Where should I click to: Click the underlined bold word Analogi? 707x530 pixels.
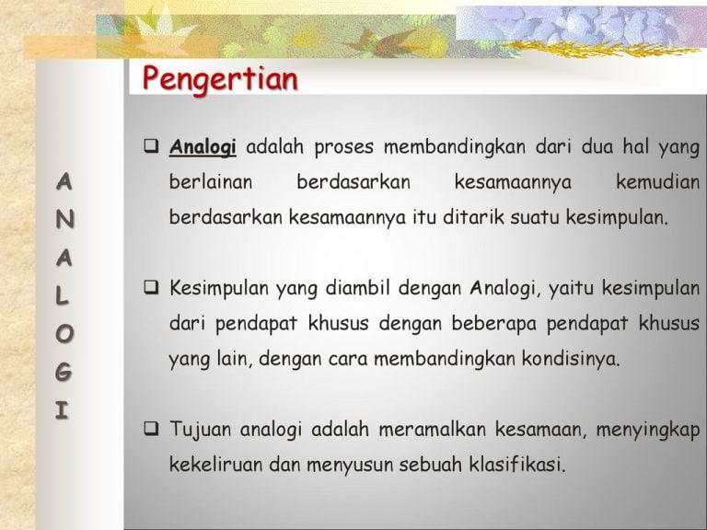203,147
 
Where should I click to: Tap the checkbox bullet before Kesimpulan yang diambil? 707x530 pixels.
152,287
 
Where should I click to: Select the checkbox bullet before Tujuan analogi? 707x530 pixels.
152,428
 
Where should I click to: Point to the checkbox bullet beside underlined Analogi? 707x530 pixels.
152,146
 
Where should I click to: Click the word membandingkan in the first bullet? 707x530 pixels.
455,147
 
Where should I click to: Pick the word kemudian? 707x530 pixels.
658,182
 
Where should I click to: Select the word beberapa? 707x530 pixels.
494,324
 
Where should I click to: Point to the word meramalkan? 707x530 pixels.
433,429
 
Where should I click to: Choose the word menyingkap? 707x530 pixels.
648,430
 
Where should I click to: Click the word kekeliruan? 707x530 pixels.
216,464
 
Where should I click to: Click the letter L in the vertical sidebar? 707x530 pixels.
63,296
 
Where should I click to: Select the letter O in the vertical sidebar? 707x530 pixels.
64,334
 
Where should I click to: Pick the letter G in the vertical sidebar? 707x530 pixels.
64,373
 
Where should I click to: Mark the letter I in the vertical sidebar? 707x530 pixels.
62,410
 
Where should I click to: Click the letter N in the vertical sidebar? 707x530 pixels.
65,220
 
